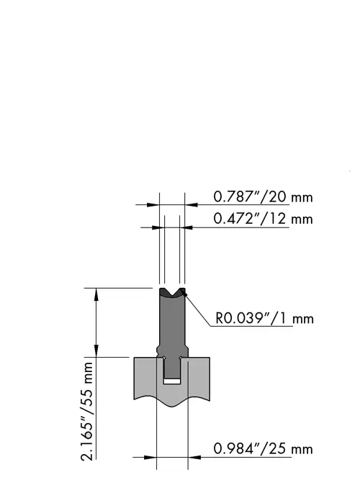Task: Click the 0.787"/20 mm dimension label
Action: click(263, 197)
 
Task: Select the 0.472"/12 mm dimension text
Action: click(263, 219)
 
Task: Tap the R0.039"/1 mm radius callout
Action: click(265, 318)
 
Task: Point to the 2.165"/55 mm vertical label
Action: click(86, 411)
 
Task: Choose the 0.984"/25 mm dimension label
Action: click(263, 449)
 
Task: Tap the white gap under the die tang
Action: click(172, 381)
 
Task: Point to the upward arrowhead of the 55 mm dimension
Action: click(96, 294)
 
